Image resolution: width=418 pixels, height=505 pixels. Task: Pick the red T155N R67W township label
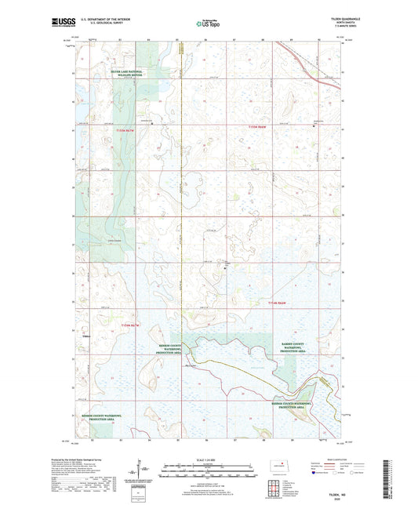coord(125,129)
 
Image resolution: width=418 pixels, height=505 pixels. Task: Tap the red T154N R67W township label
coord(133,325)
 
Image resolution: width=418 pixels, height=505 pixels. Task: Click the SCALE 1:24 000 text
coord(208,459)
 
